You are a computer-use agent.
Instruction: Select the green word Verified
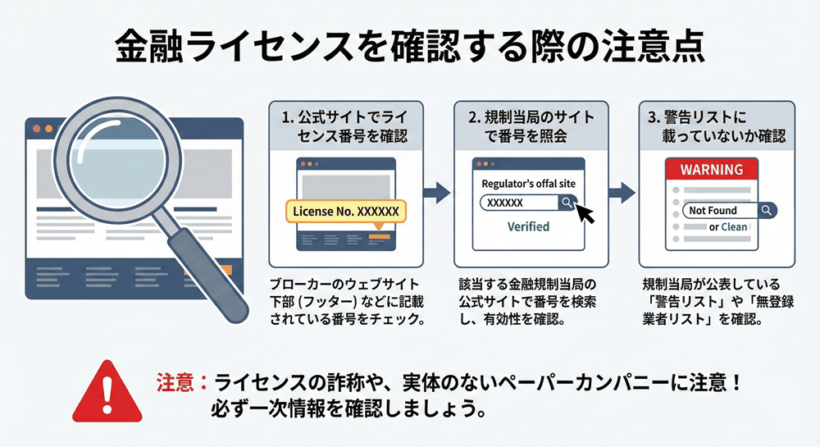(x=528, y=226)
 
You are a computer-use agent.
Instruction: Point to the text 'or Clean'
(x=728, y=226)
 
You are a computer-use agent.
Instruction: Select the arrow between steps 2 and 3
(x=623, y=194)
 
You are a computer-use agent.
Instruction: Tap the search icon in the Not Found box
(x=766, y=210)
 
